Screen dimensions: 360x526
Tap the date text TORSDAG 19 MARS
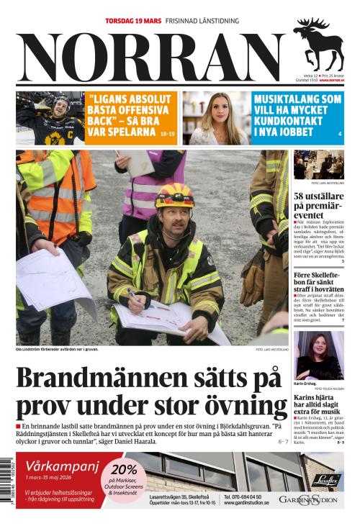[x=133, y=21]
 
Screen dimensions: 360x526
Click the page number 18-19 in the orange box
[x=167, y=134]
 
